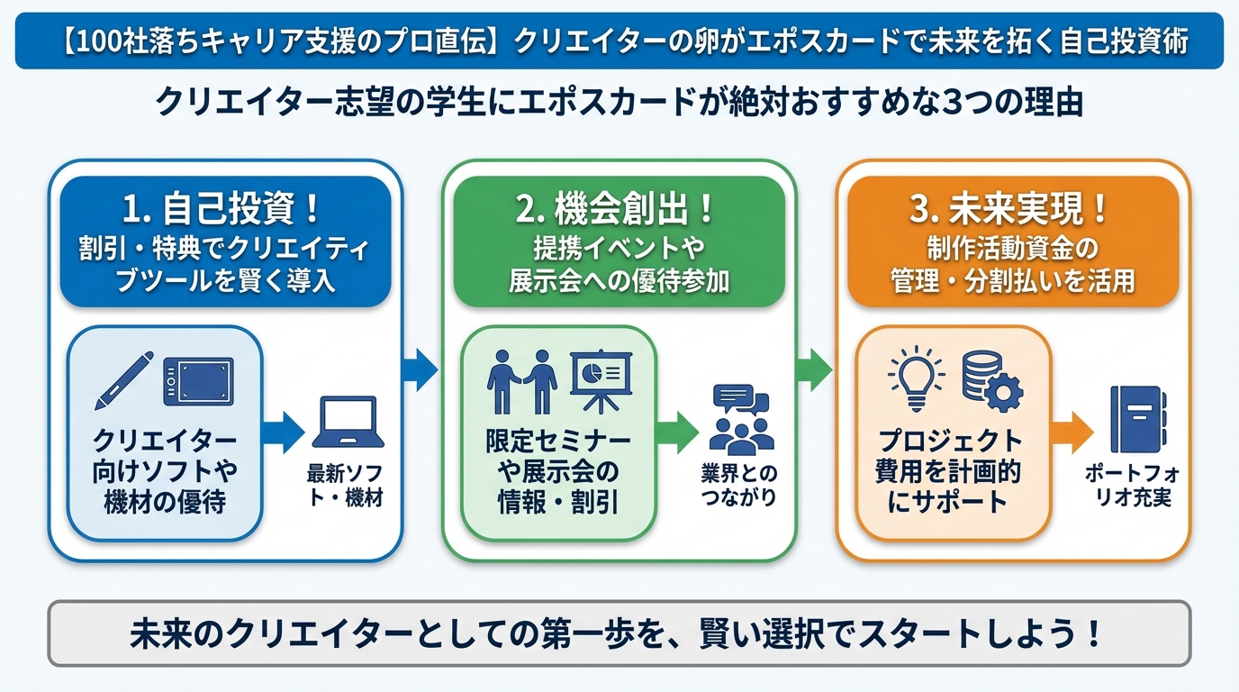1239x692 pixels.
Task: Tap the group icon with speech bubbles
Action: click(740, 419)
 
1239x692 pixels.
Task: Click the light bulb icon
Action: click(916, 378)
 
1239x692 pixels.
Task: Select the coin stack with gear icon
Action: click(991, 379)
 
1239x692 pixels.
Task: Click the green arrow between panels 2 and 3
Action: click(814, 369)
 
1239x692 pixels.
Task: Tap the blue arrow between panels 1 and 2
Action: click(420, 369)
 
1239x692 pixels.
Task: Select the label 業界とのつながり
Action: click(738, 486)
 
